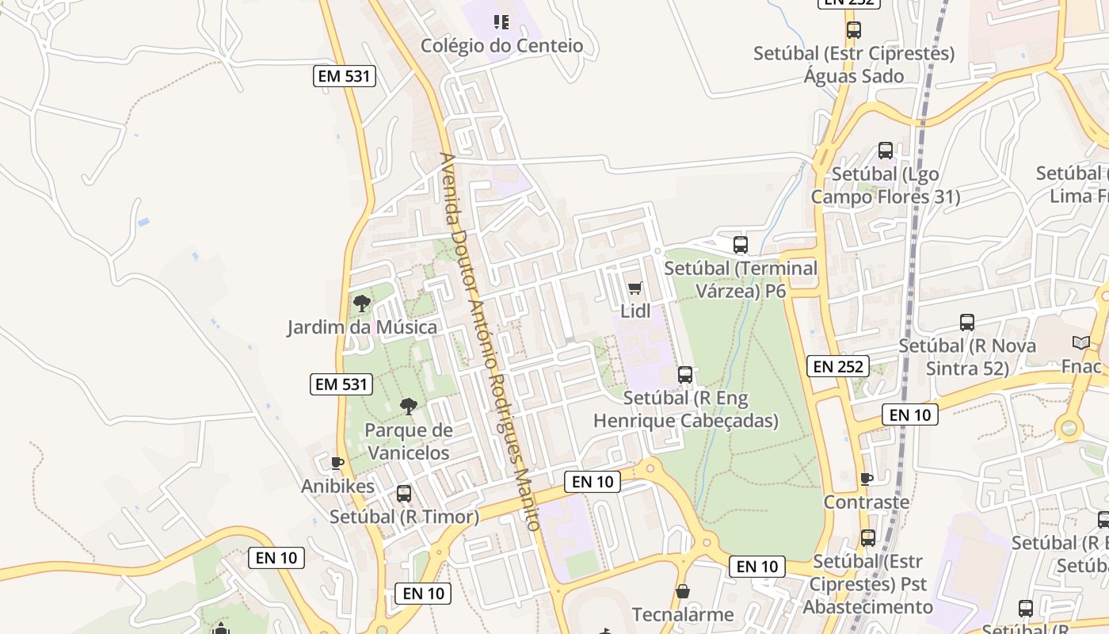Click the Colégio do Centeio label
click(x=501, y=46)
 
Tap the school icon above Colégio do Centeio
click(x=501, y=22)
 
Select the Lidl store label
click(x=635, y=311)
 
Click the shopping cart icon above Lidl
click(x=635, y=288)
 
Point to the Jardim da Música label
click(x=362, y=327)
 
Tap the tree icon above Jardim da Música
click(x=362, y=303)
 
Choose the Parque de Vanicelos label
click(x=408, y=441)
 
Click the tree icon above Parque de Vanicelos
click(x=408, y=407)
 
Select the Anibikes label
click(x=337, y=486)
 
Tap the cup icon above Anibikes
click(x=337, y=463)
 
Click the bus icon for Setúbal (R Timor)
click(x=404, y=494)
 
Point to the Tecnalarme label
click(x=683, y=614)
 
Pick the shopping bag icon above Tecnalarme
click(x=683, y=591)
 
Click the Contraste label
click(x=867, y=502)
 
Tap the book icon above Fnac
click(x=1081, y=343)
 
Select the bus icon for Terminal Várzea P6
click(x=741, y=245)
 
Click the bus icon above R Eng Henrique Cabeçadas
click(x=685, y=375)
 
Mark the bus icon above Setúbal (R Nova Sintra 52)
click(x=967, y=323)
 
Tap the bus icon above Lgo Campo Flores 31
click(x=886, y=151)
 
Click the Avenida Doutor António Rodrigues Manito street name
click(x=490, y=341)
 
